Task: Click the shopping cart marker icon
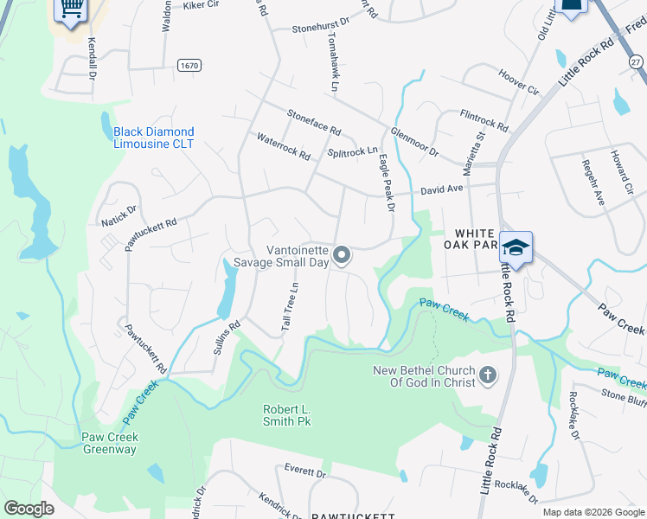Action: pyautogui.click(x=73, y=10)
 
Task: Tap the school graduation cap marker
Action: pyautogui.click(x=516, y=247)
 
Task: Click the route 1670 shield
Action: pyautogui.click(x=189, y=65)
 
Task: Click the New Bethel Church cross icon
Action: pyautogui.click(x=488, y=375)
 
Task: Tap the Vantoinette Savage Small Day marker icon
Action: pyautogui.click(x=342, y=255)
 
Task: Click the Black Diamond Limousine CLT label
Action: pyautogui.click(x=154, y=138)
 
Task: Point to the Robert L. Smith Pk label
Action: pyautogui.click(x=286, y=415)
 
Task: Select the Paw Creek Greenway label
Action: pyautogui.click(x=109, y=443)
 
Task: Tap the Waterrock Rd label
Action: pyautogui.click(x=284, y=146)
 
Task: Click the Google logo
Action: pyautogui.click(x=29, y=509)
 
